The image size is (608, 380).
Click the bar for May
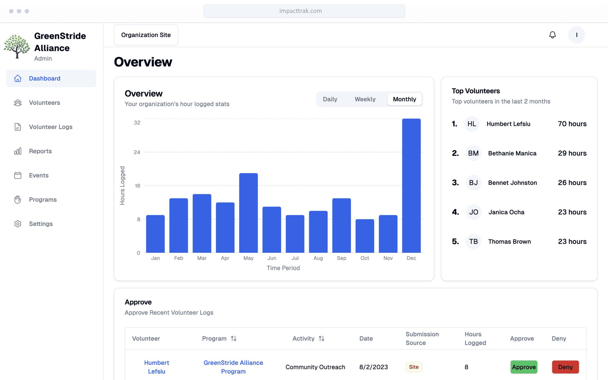248,213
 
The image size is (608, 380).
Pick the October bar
365,236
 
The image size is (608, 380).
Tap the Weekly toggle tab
365,99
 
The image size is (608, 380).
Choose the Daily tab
330,99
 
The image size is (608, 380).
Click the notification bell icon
552,35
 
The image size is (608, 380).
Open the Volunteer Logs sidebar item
50,127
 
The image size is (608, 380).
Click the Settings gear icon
18,224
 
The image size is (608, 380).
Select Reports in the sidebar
40,151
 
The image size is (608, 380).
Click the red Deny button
565,367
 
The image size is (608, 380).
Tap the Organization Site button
146,35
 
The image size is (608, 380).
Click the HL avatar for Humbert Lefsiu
472,124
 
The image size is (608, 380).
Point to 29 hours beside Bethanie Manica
572,153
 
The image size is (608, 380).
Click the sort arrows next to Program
234,339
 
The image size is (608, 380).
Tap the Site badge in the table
414,367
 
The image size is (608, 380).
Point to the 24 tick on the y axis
137,152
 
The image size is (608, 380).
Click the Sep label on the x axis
341,258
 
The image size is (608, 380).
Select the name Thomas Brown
509,241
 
